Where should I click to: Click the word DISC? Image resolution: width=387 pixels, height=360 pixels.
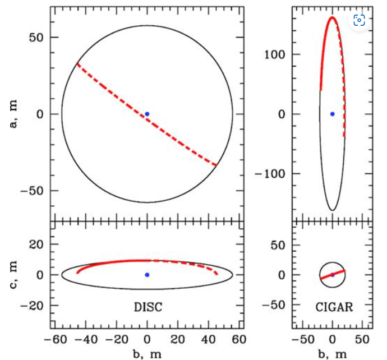click(148, 307)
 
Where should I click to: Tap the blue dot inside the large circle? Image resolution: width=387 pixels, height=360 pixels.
click(147, 114)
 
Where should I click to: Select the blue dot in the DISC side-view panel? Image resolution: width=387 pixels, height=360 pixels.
click(147, 275)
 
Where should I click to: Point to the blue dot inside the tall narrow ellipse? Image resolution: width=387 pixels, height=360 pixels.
click(332, 114)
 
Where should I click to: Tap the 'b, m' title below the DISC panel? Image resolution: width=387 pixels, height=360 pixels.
click(148, 353)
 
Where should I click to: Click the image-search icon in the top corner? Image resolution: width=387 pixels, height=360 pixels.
click(360, 21)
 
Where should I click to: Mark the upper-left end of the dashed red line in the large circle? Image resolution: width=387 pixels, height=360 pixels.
click(77, 63)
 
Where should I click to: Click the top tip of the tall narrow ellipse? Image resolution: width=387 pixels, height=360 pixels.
click(332, 17)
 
